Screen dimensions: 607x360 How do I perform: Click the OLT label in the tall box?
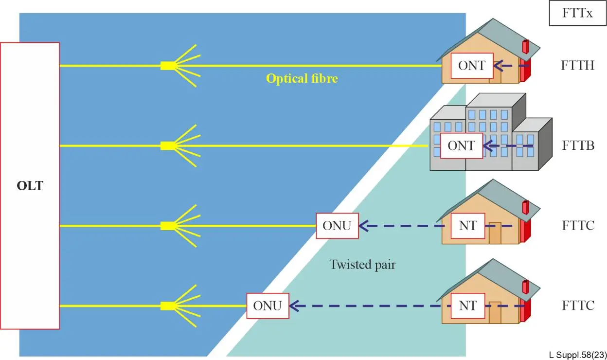[30, 186]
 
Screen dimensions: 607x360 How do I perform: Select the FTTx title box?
[578, 13]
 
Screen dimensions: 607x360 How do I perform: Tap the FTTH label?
[577, 65]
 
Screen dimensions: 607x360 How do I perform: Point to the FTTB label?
[578, 145]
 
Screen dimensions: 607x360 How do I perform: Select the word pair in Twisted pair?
[385, 266]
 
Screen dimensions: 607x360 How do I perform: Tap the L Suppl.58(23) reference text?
[578, 355]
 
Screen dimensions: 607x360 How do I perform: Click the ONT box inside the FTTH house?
[472, 66]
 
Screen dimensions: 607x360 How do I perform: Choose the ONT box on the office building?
[462, 146]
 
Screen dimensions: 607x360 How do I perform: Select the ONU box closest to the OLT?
[268, 306]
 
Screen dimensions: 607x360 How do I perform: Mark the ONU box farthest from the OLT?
[338, 226]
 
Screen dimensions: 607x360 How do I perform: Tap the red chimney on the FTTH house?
[526, 47]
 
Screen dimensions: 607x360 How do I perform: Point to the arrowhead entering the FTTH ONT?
[498, 66]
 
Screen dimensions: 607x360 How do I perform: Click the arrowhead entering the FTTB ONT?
[488, 146]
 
